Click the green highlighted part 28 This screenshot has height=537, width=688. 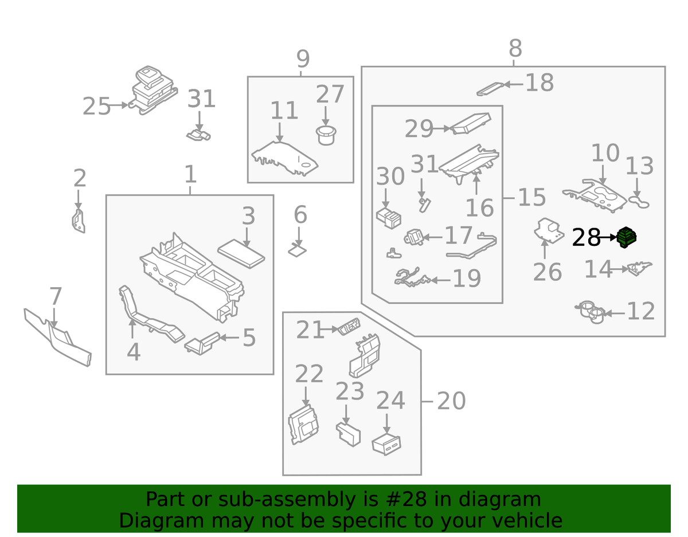pyautogui.click(x=627, y=237)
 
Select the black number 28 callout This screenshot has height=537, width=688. pyautogui.click(x=586, y=237)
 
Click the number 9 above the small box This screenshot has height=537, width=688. pyautogui.click(x=303, y=59)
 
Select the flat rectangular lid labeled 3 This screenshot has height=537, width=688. pyautogui.click(x=241, y=252)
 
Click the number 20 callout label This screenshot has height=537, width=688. pyautogui.click(x=451, y=402)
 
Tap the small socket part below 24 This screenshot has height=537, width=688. pyautogui.click(x=386, y=444)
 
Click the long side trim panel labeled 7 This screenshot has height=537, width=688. pyautogui.click(x=57, y=338)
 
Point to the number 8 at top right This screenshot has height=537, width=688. pyautogui.click(x=514, y=48)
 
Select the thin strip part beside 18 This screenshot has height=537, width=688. pyautogui.click(x=490, y=88)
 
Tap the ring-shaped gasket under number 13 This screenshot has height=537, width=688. pyautogui.click(x=639, y=201)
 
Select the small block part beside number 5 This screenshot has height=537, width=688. pyautogui.click(x=202, y=343)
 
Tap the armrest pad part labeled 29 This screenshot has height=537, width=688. pyautogui.click(x=470, y=123)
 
